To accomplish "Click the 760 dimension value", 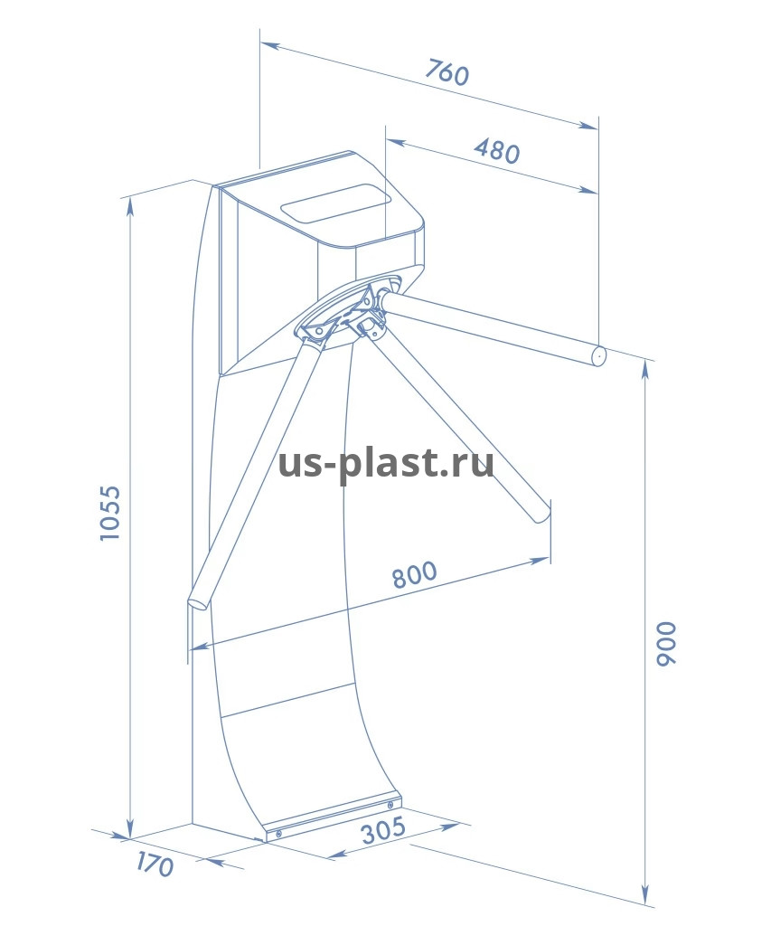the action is tap(447, 72).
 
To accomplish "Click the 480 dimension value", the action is tap(497, 150).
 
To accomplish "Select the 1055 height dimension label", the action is tap(109, 513).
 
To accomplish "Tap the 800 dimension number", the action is tap(415, 574).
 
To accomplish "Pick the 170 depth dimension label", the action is tap(155, 865).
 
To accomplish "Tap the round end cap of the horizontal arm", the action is tap(599, 356).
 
